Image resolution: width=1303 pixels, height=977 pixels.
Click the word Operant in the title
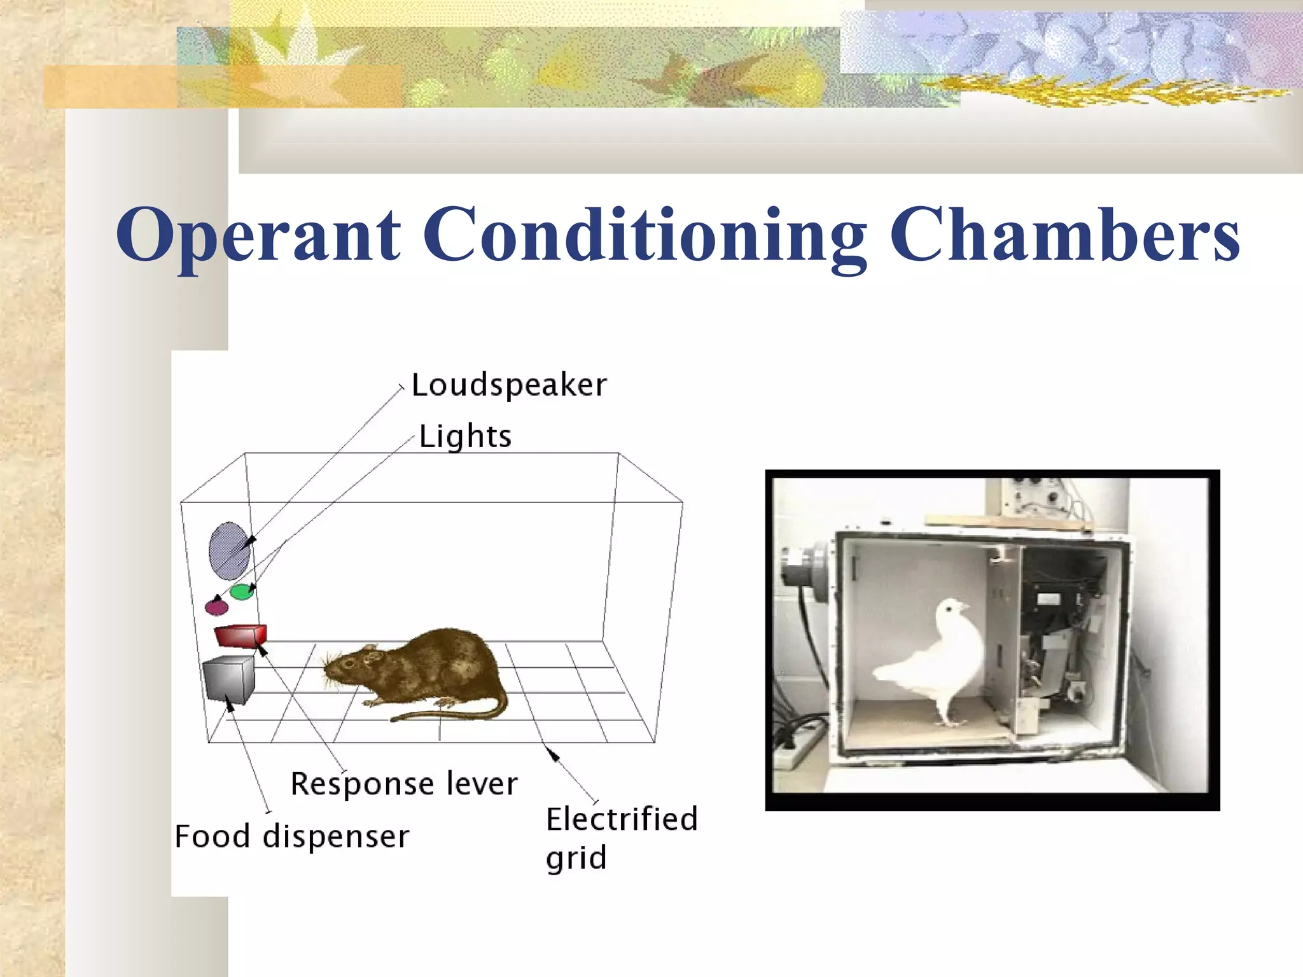258,235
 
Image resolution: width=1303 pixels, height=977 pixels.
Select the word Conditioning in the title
644,235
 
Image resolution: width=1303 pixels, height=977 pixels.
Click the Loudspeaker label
509,385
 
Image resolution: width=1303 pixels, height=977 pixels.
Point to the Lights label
465,437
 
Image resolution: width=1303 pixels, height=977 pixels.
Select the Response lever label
404,784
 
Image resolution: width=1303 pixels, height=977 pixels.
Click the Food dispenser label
292,836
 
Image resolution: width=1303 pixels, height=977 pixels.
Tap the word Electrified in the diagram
622,819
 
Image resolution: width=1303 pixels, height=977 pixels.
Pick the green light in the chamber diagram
242,592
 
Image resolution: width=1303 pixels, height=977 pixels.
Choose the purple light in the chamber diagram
216,607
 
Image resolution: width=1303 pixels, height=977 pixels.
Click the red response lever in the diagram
240,635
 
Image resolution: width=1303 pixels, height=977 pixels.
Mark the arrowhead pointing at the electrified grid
554,755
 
